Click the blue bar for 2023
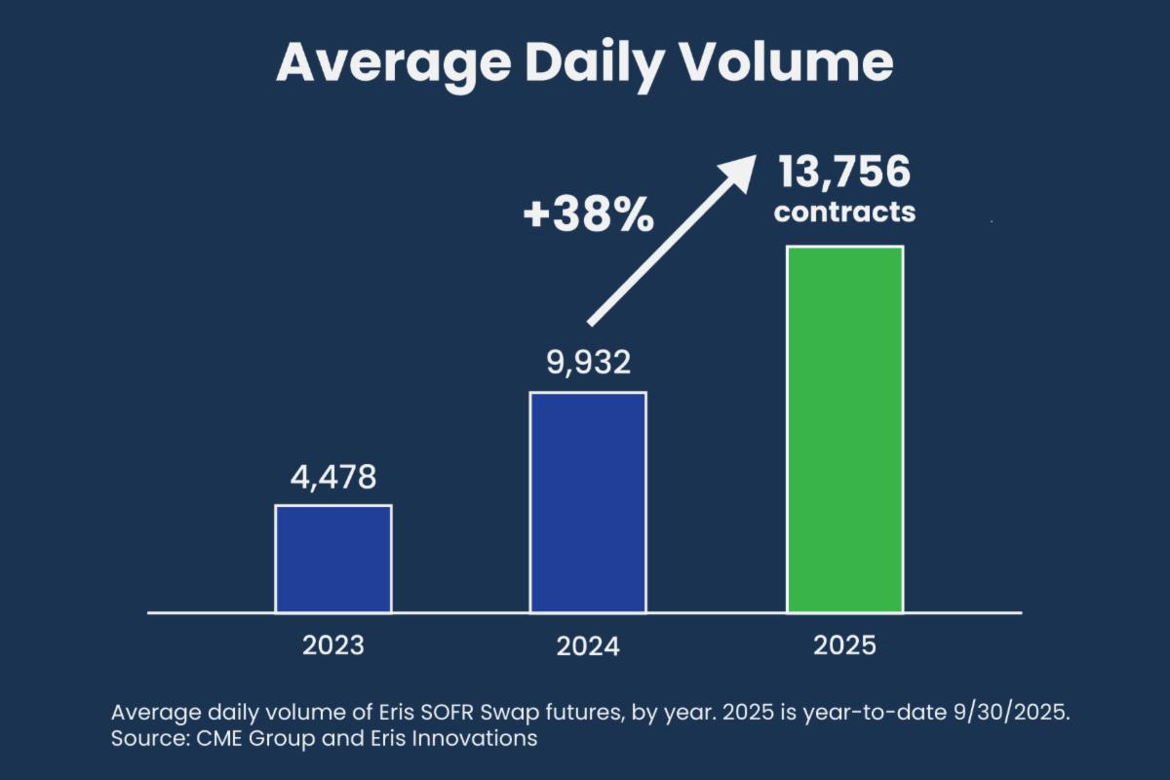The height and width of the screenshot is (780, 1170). pos(333,559)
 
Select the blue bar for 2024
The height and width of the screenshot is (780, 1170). pos(588,502)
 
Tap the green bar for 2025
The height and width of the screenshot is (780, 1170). pos(845,429)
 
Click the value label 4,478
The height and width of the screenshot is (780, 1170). pos(333,479)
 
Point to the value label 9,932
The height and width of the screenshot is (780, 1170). pos(588,364)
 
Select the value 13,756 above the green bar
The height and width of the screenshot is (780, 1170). pos(844,174)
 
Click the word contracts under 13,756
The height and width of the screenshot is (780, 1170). pos(844,212)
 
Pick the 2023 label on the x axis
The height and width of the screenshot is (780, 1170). pos(333,645)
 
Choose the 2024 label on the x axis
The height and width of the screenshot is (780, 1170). pos(588,646)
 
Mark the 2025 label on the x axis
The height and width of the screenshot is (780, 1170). pos(845,645)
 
